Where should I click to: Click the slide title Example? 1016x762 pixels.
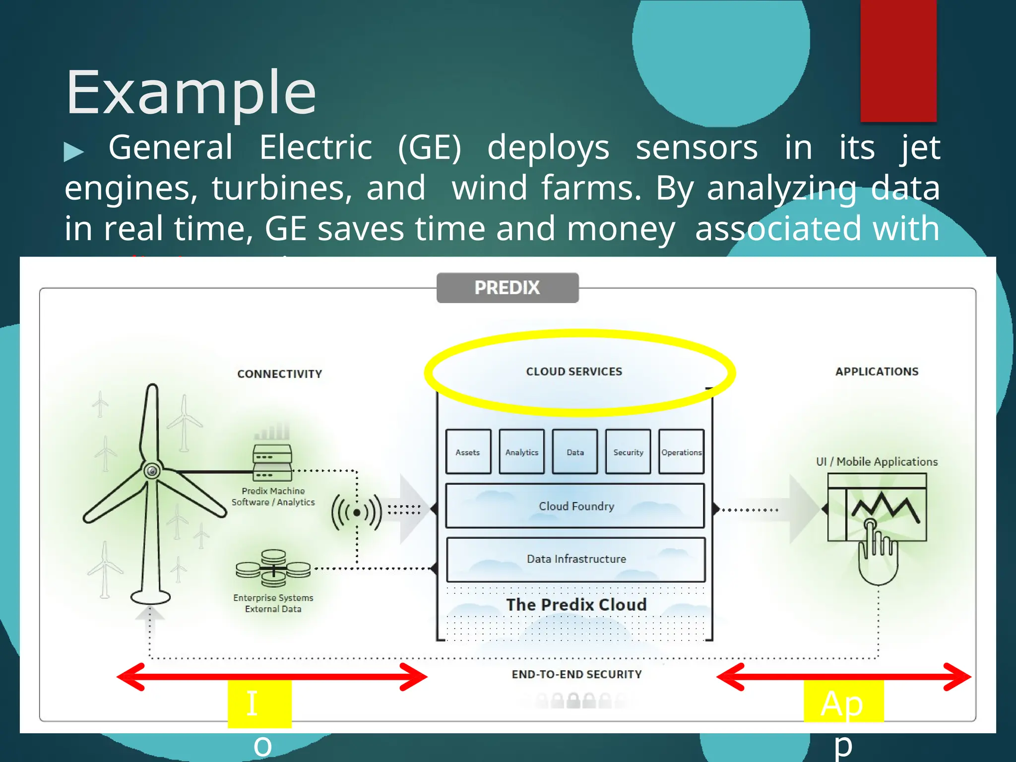[191, 93]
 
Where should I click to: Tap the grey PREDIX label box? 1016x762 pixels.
[507, 288]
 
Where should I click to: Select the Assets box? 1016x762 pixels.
[468, 452]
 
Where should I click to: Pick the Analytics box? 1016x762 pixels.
[521, 452]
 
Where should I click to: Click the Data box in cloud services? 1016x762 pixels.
[575, 452]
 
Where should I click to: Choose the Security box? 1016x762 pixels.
[628, 452]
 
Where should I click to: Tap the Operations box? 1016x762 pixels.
[681, 452]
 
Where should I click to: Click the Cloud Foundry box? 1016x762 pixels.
[575, 506]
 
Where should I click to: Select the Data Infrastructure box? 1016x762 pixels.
[576, 559]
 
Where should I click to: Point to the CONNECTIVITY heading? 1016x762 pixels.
[280, 374]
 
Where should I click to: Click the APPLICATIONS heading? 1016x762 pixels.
[877, 372]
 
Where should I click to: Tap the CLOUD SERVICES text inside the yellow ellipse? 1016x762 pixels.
[574, 372]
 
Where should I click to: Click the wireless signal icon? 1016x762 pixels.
[357, 512]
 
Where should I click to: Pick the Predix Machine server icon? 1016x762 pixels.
[272, 462]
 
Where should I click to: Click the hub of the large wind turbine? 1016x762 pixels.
[152, 470]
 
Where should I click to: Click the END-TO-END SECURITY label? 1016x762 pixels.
[576, 674]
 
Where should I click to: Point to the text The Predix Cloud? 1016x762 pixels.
[576, 605]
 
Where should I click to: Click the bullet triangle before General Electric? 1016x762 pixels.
[74, 151]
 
